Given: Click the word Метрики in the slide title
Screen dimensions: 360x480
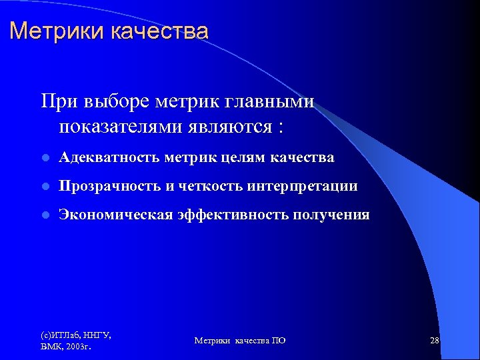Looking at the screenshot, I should pyautogui.click(x=47, y=31).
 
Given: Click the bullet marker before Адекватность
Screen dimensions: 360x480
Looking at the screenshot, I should pyautogui.click(x=45, y=158).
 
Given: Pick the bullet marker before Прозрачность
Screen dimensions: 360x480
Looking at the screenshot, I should pyautogui.click(x=45, y=187).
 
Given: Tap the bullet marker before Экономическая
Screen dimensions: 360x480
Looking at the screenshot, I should pyautogui.click(x=45, y=215).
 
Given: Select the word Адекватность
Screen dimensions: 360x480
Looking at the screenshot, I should pyautogui.click(x=109, y=157).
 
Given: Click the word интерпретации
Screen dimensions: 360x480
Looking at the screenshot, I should pyautogui.click(x=302, y=186).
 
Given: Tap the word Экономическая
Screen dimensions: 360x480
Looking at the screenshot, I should pyautogui.click(x=114, y=215).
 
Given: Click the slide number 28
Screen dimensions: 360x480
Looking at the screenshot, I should pyautogui.click(x=435, y=341).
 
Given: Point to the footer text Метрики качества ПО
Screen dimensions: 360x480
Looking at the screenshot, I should pyautogui.click(x=240, y=341).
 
